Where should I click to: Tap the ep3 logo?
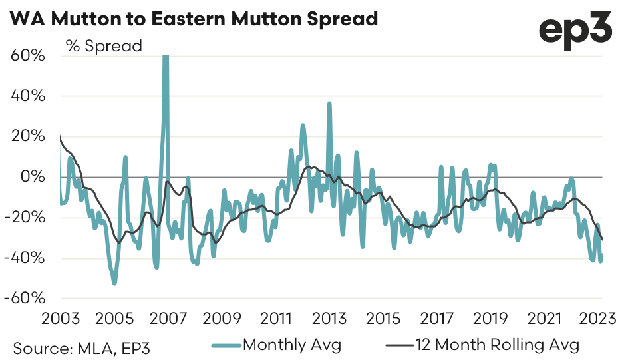(575, 30)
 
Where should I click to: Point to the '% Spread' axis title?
(104, 46)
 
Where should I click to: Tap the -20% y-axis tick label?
(26, 218)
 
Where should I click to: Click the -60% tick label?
(26, 299)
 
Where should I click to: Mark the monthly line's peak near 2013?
(329, 104)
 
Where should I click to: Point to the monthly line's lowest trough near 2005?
(114, 283)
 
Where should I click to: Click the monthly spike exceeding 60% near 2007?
(166, 59)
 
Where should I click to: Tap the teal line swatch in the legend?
(226, 345)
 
